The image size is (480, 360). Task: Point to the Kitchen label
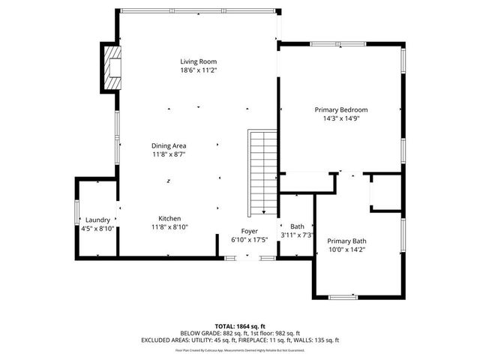pos(169,218)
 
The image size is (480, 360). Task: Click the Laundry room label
pos(97,219)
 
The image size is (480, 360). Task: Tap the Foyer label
pos(249,231)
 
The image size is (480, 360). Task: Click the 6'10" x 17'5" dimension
pos(249,240)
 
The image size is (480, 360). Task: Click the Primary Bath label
pos(346,241)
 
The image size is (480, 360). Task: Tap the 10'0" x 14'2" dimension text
pos(346,250)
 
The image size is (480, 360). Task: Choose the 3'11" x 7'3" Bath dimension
pos(297,235)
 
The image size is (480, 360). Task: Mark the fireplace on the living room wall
pos(112,67)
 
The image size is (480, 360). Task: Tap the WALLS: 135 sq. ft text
pos(313,340)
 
